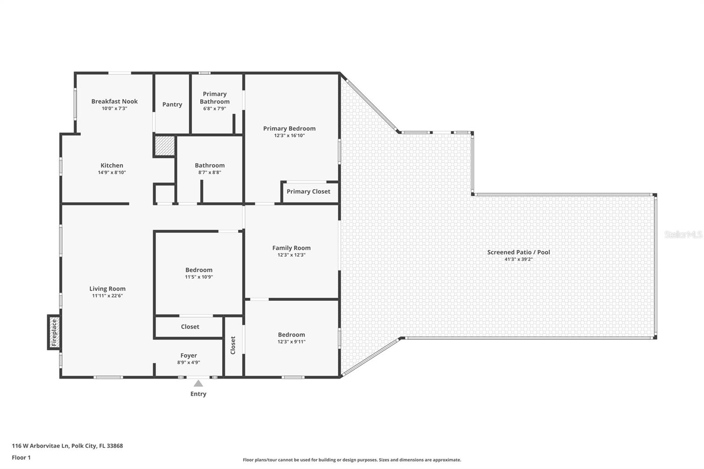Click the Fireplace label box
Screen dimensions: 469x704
coord(54,333)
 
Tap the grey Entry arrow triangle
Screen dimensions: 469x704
coord(198,383)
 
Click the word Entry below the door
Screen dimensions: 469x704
coord(198,394)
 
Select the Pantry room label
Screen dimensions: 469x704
coord(172,104)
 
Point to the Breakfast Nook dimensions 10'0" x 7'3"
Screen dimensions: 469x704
coord(114,109)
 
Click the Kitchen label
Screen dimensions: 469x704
coord(112,165)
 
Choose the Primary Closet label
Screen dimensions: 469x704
coord(308,191)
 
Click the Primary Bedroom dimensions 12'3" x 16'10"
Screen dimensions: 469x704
coord(289,136)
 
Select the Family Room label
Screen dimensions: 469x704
coord(291,248)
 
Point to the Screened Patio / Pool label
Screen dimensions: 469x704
coord(518,252)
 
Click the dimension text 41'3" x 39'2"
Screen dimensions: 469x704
coord(518,260)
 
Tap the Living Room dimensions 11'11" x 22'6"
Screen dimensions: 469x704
coord(107,296)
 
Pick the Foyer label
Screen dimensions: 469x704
coord(188,355)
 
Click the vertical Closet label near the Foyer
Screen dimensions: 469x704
coord(233,345)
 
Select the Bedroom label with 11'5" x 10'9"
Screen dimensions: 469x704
coord(198,270)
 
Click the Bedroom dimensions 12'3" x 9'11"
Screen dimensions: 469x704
coord(291,342)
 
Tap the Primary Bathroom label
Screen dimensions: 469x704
coord(215,98)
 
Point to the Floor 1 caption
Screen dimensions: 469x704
coord(21,458)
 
